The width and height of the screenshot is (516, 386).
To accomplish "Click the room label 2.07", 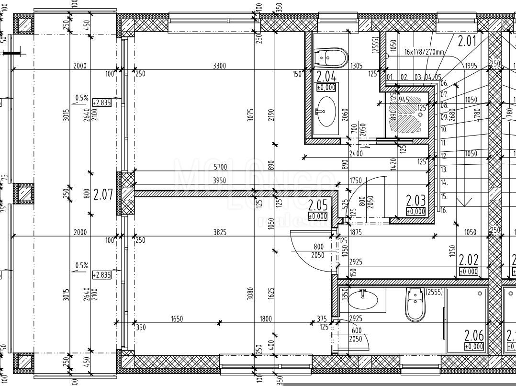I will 103,194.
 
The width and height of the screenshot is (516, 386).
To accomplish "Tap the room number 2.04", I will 326,76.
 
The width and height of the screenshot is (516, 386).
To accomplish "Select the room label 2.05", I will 317,206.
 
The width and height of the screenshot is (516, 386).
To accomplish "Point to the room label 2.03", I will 415,200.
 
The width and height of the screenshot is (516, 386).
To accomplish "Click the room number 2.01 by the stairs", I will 467,41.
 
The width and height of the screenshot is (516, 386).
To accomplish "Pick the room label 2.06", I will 474,336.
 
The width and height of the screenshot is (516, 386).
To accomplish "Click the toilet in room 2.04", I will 331,57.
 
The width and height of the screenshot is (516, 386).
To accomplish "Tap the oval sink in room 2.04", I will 326,111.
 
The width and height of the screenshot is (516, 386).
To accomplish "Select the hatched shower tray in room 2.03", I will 406,117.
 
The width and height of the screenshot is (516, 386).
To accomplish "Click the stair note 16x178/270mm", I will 424,52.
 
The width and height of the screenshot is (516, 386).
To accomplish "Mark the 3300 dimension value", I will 220,66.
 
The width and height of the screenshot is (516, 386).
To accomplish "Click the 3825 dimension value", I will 220,232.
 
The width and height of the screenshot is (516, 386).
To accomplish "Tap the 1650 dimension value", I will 176,319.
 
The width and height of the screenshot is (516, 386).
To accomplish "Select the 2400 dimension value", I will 356,154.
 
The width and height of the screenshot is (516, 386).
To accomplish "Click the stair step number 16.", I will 443,210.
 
